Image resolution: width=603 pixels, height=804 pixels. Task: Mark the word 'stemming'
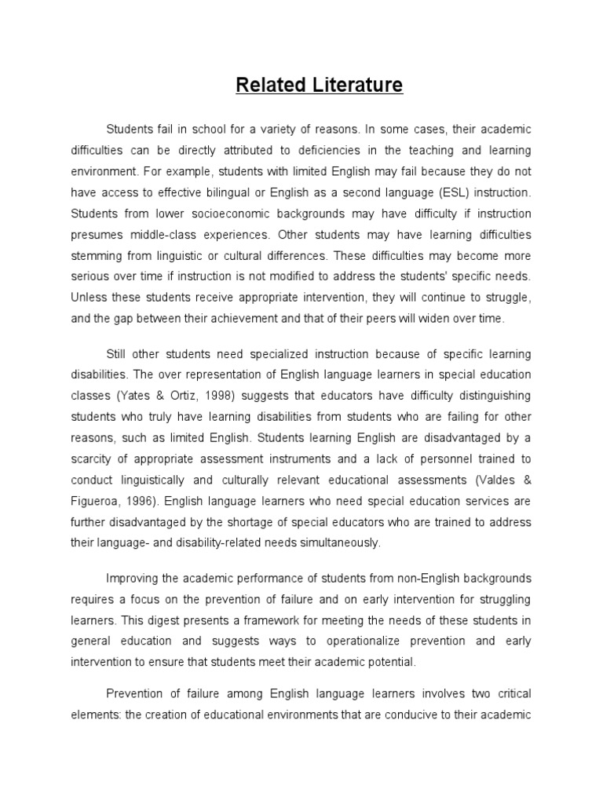click(x=99, y=256)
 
